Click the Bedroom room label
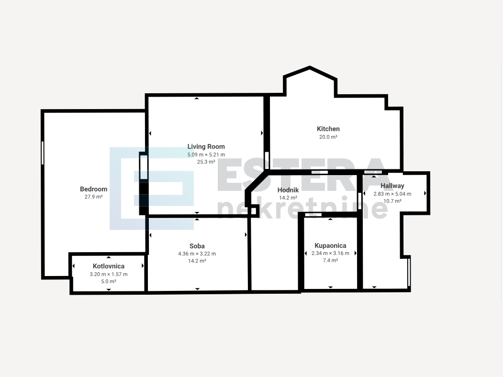coord(93,189)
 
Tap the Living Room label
coord(206,146)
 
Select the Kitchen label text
coord(328,129)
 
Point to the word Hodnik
coord(288,190)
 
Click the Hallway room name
coord(392,186)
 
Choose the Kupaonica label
coord(330,245)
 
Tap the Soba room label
coord(197,246)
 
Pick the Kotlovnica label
coord(109,266)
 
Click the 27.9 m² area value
coord(93,197)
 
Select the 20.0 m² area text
coord(328,137)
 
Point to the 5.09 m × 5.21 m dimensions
coord(206,155)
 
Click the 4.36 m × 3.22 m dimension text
coord(197,254)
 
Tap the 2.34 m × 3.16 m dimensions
coord(330,253)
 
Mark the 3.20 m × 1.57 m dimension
coord(109,275)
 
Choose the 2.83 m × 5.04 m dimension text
coord(392,194)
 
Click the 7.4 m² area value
coord(330,261)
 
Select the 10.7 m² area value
coord(392,201)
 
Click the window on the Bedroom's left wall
coord(43,153)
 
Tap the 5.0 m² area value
coord(109,281)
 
